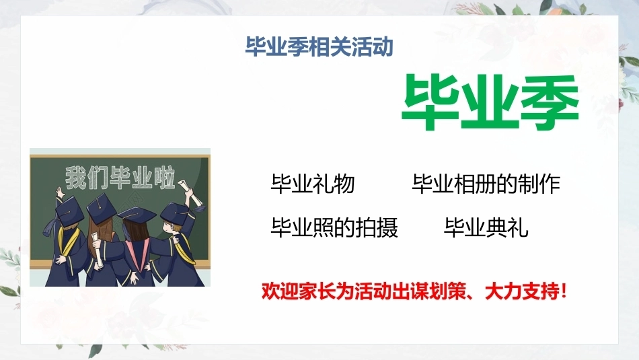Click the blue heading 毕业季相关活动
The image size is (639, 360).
click(x=319, y=46)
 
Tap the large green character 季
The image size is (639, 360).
click(x=550, y=102)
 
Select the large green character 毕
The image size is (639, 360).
click(x=430, y=102)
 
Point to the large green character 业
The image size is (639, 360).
click(x=489, y=102)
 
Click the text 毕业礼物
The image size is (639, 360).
click(x=313, y=184)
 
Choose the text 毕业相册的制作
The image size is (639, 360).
click(x=486, y=184)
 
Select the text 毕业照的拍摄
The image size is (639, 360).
click(x=334, y=227)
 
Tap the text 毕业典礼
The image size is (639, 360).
click(x=486, y=227)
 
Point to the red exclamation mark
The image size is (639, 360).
click(x=564, y=291)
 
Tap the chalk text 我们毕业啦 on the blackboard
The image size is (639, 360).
click(x=120, y=178)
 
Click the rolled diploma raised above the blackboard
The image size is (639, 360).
click(x=191, y=192)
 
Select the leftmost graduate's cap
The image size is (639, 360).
click(x=69, y=210)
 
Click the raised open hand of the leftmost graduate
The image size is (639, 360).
click(x=60, y=192)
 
